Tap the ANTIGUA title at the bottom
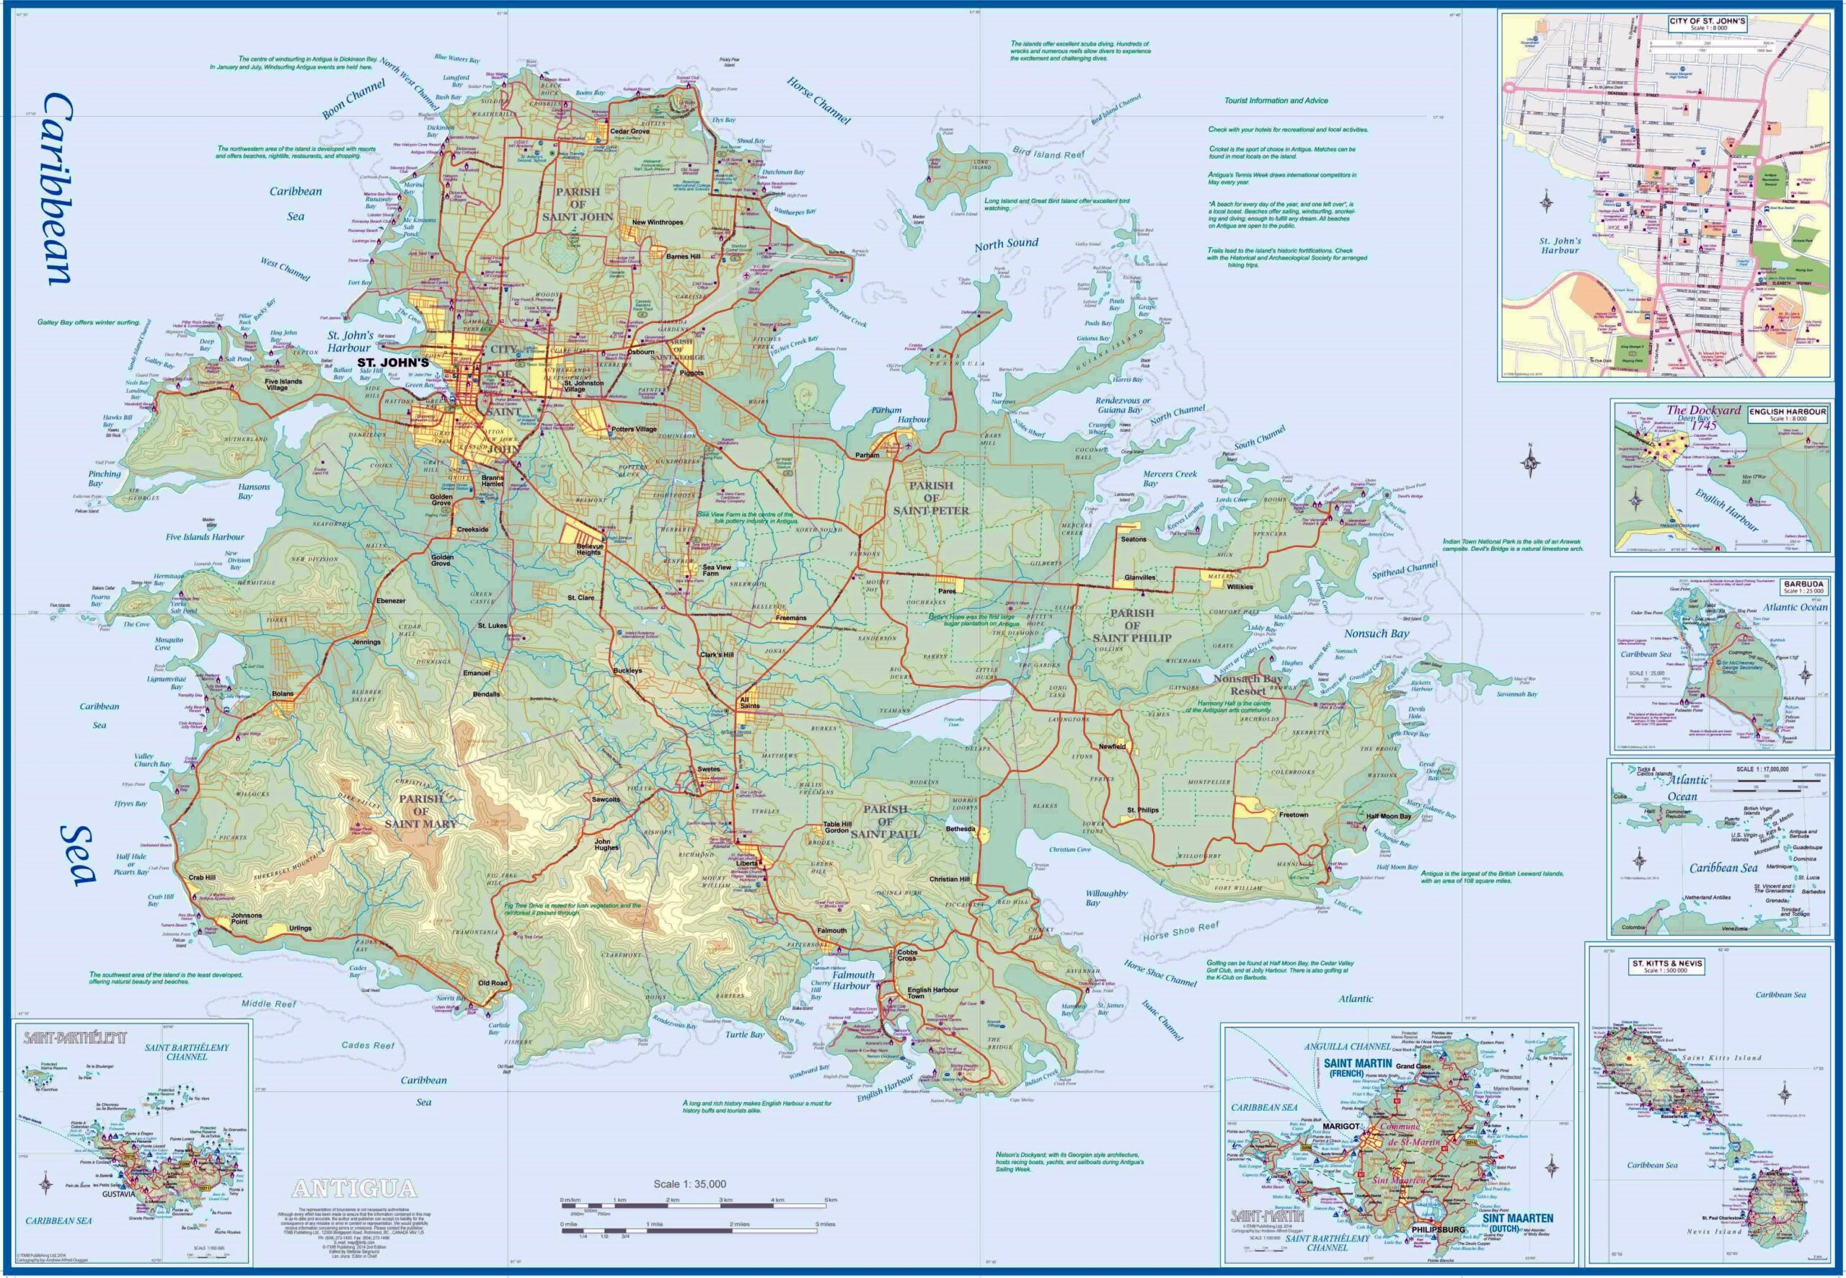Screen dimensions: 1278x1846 (354, 1187)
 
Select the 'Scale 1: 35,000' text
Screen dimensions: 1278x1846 (689, 1184)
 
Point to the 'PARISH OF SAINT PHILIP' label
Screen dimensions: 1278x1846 (1131, 626)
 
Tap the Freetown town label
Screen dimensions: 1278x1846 (1294, 815)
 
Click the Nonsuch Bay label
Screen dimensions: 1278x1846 (1377, 634)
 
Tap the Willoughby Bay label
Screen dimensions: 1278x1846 (1106, 897)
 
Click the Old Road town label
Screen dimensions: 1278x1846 (493, 983)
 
